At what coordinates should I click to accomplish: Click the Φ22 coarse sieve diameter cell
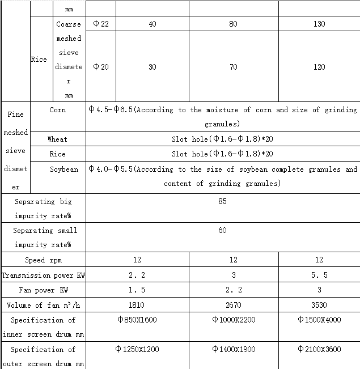tap(100, 24)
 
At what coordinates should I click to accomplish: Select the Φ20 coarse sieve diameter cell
tap(100, 67)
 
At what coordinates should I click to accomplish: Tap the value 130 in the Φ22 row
tap(319, 24)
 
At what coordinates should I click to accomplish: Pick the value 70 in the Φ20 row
tap(234, 67)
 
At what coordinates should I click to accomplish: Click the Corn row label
tap(57, 110)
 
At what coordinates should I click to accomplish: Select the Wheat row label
tap(57, 139)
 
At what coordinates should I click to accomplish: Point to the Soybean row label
tap(64, 169)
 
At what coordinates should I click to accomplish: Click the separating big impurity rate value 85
tap(222, 201)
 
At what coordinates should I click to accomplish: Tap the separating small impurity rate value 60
tap(222, 230)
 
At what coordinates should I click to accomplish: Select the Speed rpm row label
tap(43, 260)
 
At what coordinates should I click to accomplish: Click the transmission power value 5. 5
tap(319, 275)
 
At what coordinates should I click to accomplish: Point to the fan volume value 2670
tap(234, 305)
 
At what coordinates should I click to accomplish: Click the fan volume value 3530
tap(319, 305)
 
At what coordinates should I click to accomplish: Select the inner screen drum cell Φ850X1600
tap(137, 320)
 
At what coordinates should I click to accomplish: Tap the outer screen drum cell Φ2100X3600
tap(319, 349)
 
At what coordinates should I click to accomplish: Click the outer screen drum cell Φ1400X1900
tap(234, 349)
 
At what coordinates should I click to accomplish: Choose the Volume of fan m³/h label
tap(43, 305)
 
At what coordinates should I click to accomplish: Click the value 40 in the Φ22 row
tap(152, 24)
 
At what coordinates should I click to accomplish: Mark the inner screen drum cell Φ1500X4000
tap(319, 320)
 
